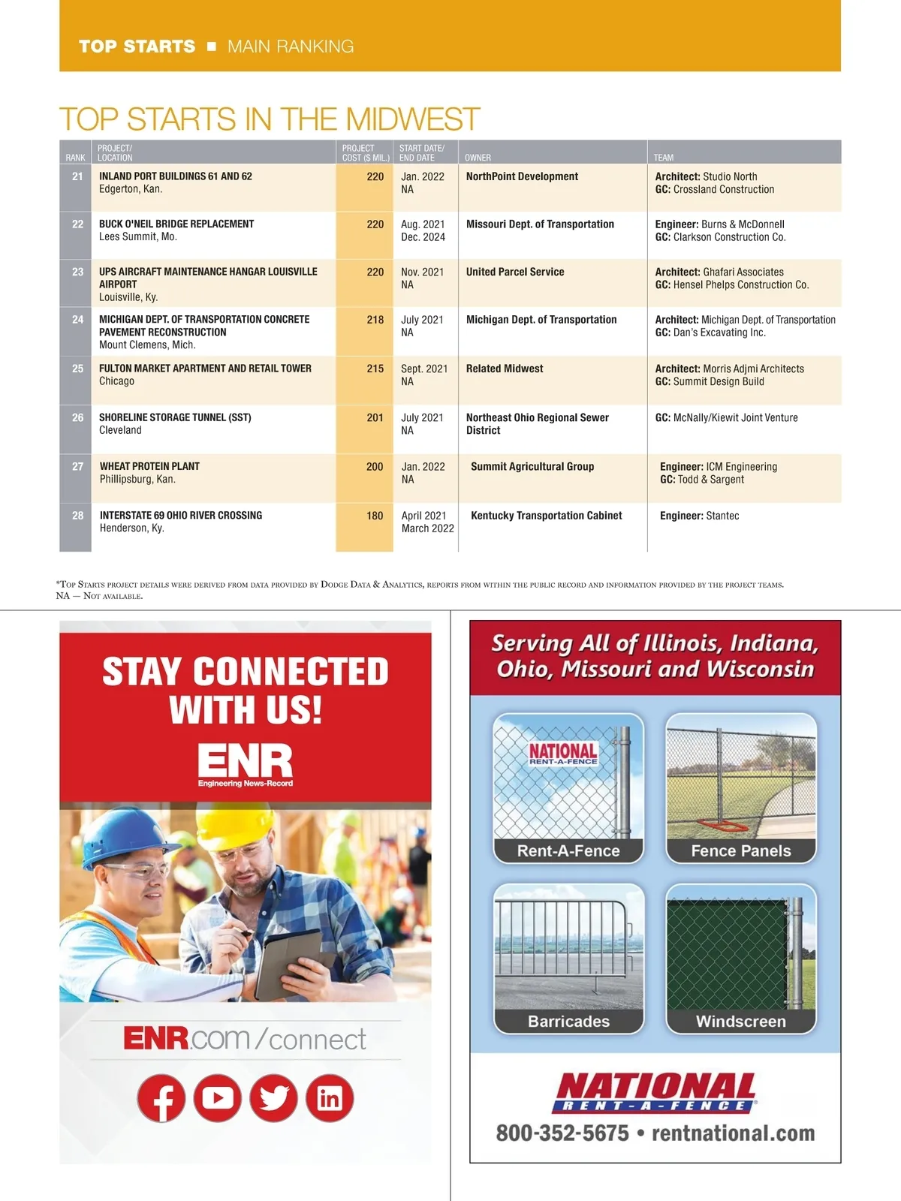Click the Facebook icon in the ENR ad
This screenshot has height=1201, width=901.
click(x=161, y=1098)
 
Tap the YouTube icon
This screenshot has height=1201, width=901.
click(x=218, y=1098)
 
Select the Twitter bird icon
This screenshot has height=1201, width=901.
click(x=274, y=1098)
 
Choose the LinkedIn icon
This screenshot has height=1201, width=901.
click(x=330, y=1098)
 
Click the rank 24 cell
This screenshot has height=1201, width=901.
click(x=77, y=320)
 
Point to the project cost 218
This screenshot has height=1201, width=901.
click(x=375, y=320)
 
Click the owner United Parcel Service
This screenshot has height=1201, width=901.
click(x=515, y=272)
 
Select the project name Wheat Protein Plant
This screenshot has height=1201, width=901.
click(x=149, y=466)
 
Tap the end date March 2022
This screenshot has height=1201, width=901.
click(x=427, y=528)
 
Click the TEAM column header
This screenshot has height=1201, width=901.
click(x=664, y=158)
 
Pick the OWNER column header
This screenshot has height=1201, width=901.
click(x=478, y=158)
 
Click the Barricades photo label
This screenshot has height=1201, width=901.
click(x=568, y=1021)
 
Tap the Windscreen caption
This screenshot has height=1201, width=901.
click(x=740, y=1021)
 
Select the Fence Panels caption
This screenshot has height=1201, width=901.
click(x=740, y=850)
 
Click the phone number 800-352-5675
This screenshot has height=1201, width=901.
click(x=562, y=1133)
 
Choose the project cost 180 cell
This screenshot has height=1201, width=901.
click(x=375, y=516)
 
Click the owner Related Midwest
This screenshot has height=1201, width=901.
click(x=505, y=369)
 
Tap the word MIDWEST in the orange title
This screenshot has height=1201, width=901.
click(x=412, y=119)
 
